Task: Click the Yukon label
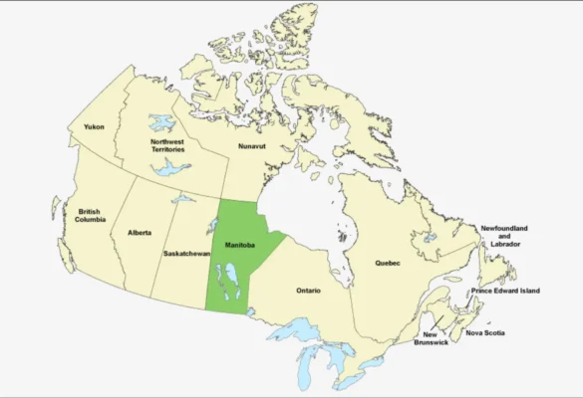(94, 127)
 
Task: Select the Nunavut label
(252, 146)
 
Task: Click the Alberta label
(140, 233)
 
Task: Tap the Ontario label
(309, 291)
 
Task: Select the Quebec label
(388, 263)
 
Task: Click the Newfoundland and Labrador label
(504, 235)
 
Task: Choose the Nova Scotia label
(485, 332)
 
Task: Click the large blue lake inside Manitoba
(232, 280)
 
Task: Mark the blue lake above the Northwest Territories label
(161, 122)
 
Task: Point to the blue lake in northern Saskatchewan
(182, 199)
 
